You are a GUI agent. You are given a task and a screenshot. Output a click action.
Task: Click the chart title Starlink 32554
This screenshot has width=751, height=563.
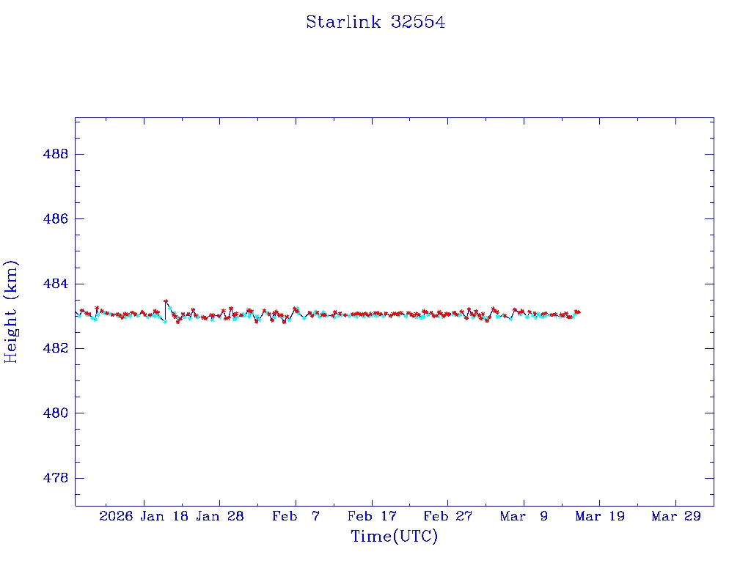tap(375, 23)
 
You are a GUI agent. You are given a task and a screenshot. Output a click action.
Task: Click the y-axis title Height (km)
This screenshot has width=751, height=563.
tap(12, 312)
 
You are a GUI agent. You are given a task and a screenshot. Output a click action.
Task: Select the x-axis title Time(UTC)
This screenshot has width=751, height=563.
tap(394, 537)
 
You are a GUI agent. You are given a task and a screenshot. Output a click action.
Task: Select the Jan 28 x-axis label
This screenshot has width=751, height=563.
tap(220, 516)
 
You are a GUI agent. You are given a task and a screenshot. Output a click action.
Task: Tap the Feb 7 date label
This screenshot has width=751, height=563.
tap(296, 516)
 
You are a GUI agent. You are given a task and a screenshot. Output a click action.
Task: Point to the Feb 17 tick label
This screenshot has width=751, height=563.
tap(372, 516)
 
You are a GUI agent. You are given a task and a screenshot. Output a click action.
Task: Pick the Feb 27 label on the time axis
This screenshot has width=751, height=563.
tap(447, 516)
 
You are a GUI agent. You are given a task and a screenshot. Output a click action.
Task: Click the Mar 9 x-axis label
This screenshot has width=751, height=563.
tap(524, 516)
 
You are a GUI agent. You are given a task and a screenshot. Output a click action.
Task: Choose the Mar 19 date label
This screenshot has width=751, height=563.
tap(600, 516)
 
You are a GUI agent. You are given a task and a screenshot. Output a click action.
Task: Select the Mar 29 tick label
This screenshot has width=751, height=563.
tap(675, 516)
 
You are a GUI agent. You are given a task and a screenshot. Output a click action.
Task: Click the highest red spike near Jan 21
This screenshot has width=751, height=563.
tap(166, 301)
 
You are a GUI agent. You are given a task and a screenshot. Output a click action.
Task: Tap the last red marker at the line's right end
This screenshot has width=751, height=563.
tap(578, 312)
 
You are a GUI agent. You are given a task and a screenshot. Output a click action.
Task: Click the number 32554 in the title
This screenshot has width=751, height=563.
tap(417, 23)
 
